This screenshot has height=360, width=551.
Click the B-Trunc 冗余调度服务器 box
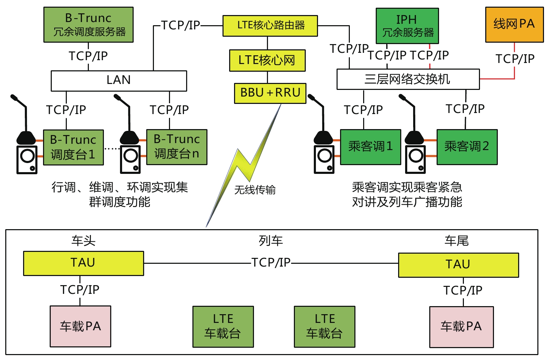[88, 25]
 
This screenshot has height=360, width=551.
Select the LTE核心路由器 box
[270, 26]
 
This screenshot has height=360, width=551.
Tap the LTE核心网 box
[267, 60]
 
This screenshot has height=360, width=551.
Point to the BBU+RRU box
[270, 93]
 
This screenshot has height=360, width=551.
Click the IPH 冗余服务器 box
[407, 26]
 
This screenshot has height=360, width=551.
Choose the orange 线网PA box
[514, 24]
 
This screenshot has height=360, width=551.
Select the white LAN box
[119, 81]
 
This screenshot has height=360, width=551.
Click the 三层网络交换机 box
[408, 79]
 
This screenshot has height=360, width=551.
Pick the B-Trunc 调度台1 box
[73, 147]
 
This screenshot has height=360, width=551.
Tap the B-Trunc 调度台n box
[177, 147]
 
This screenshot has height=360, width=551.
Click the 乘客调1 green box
[370, 147]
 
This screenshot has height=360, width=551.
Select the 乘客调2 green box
[467, 147]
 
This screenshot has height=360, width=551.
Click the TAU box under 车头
[83, 263]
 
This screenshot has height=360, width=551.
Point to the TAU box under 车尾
[458, 265]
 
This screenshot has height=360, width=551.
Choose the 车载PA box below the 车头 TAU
[80, 326]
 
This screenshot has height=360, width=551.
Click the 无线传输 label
[255, 190]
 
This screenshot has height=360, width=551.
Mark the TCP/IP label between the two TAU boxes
[271, 262]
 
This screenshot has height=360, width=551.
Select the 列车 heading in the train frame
[271, 241]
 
